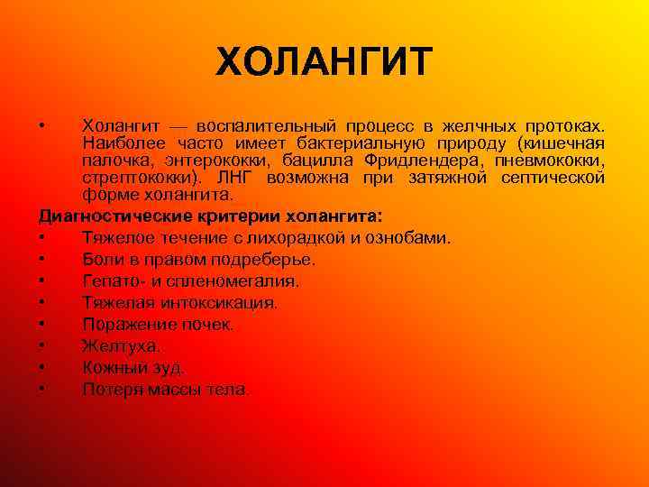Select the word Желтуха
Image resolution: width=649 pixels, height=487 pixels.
[121, 346]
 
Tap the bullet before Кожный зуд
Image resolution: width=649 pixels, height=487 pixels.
[43, 368]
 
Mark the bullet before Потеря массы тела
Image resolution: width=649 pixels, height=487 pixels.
[43, 390]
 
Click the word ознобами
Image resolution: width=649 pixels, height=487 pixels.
[407, 238]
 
